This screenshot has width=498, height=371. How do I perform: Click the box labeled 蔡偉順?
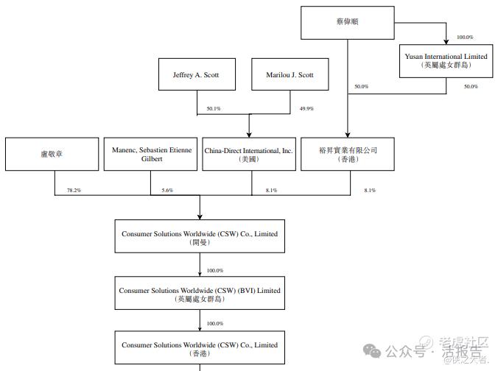click(347, 22)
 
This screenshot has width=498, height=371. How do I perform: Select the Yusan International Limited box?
click(446, 60)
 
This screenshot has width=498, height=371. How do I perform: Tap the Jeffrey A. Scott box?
click(196, 75)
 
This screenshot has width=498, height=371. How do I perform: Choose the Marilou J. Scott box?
click(290, 75)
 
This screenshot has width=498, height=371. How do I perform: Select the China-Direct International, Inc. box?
click(248, 154)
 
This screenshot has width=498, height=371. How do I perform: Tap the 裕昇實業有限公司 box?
click(347, 154)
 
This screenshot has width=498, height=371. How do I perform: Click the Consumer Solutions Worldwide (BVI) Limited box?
click(200, 294)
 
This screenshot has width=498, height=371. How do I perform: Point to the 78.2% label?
click(74, 191)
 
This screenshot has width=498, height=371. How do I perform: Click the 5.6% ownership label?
click(167, 191)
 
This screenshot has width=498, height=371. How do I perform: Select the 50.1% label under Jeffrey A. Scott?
click(214, 109)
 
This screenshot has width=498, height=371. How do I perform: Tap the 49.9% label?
click(306, 109)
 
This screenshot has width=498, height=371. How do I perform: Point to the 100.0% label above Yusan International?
click(465, 37)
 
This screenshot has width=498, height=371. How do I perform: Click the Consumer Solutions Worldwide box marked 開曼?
click(200, 237)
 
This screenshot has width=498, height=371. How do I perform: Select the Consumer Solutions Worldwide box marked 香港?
click(200, 348)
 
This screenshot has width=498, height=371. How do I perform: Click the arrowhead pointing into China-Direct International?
click(249, 134)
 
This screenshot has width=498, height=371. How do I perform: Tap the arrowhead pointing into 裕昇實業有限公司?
click(347, 134)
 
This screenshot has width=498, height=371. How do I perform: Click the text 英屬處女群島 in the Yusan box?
click(446, 66)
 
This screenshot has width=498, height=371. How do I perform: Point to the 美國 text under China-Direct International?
click(248, 159)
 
